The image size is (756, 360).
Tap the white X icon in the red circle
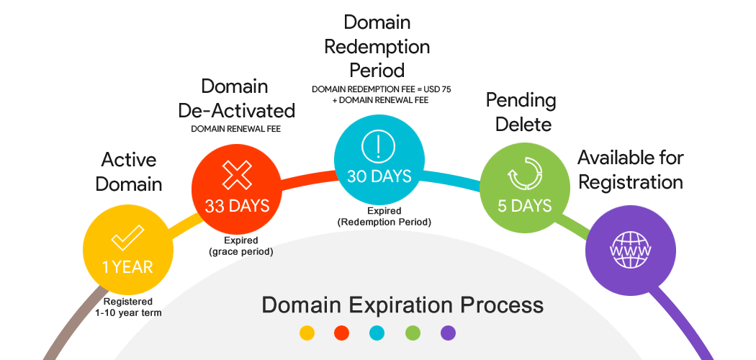[236, 175]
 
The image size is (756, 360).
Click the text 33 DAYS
[237, 206]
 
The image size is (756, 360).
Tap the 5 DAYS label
[524, 206]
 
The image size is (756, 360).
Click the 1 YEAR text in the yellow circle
[127, 267]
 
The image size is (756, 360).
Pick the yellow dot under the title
[307, 333]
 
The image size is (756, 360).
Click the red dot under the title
[342, 333]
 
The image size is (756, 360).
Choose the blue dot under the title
[377, 333]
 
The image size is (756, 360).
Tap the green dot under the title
[413, 333]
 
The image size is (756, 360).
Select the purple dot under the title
[448, 333]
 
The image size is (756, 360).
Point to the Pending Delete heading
[521, 112]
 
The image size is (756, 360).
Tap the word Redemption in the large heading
[377, 48]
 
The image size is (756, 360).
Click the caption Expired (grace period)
[241, 246]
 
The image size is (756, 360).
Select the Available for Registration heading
[630, 169]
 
